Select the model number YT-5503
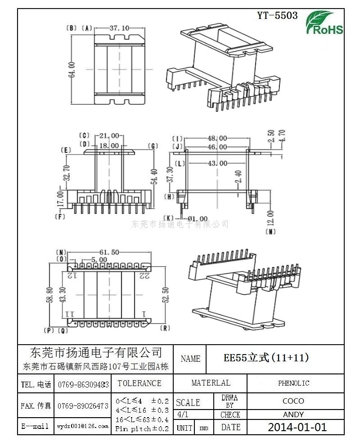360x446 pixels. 277,15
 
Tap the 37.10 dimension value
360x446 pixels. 119,28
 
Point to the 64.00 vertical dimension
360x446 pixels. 72,70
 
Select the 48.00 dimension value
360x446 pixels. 217,138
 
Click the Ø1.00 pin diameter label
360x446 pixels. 198,218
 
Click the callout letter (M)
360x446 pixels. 270,232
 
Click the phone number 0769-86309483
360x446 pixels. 83,384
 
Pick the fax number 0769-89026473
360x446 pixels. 83,406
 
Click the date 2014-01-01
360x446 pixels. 297,427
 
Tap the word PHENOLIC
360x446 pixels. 293,383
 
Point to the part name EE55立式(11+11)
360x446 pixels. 266,358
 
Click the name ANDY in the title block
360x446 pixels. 293,414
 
